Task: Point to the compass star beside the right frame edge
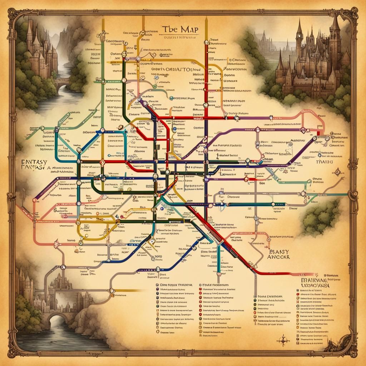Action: coord(337,173)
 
